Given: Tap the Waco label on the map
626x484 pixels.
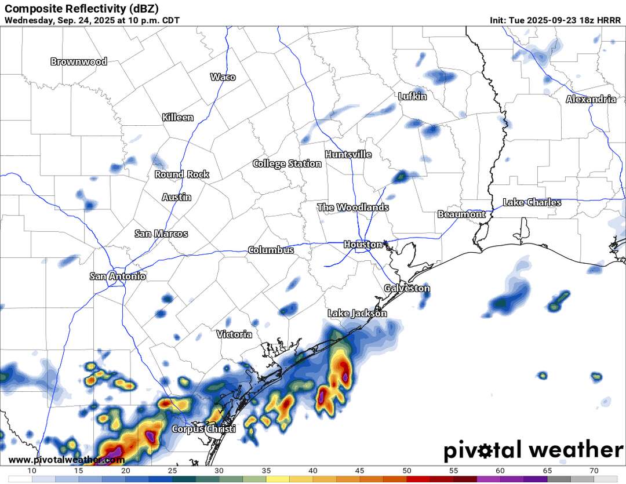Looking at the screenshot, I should pyautogui.click(x=223, y=77).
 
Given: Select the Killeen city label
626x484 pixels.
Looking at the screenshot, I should pyautogui.click(x=178, y=118).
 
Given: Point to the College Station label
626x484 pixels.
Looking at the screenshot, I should pyautogui.click(x=287, y=164).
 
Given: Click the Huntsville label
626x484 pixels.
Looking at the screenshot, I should pyautogui.click(x=348, y=155).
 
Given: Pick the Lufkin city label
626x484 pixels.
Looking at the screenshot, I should pyautogui.click(x=413, y=97).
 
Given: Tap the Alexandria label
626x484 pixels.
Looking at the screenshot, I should pyautogui.click(x=591, y=100).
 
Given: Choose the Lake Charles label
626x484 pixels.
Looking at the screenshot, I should pyautogui.click(x=532, y=202).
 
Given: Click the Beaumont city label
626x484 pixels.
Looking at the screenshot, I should pyautogui.click(x=461, y=214).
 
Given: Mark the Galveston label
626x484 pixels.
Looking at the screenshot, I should pyautogui.click(x=407, y=288).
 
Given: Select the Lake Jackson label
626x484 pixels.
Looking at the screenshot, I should pyautogui.click(x=357, y=314).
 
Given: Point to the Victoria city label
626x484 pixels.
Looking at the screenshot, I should pyautogui.click(x=234, y=334).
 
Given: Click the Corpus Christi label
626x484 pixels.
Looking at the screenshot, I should pyautogui.click(x=203, y=430).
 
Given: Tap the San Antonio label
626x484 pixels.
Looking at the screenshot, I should pyautogui.click(x=118, y=276).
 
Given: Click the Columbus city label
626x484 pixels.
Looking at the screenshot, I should pyautogui.click(x=271, y=250).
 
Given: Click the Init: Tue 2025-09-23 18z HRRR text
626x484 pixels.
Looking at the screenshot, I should pyautogui.click(x=555, y=20).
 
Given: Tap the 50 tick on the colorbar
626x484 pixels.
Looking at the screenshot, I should pyautogui.click(x=407, y=470).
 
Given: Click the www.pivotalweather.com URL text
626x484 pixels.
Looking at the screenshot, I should pyautogui.click(x=67, y=460).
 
